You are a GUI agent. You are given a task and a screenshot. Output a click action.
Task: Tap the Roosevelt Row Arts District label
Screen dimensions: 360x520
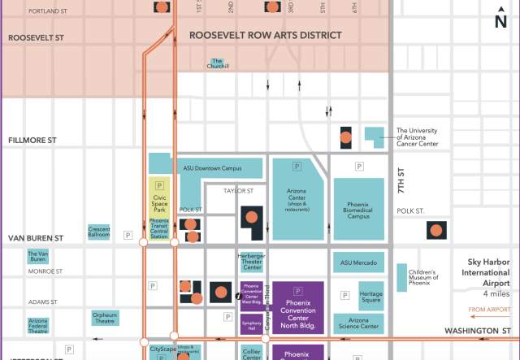click(266, 35)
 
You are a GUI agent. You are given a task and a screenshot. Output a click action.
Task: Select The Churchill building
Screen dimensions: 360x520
click(217, 63)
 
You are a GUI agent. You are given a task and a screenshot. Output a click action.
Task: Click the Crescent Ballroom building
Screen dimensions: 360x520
click(99, 232)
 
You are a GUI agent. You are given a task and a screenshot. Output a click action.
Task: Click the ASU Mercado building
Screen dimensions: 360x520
click(358, 262)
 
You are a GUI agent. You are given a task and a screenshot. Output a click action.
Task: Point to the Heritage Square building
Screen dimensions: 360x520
click(370, 296)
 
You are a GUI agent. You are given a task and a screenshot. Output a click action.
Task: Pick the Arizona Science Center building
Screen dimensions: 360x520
click(358, 323)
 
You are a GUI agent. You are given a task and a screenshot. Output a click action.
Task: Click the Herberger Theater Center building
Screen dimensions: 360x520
click(251, 262)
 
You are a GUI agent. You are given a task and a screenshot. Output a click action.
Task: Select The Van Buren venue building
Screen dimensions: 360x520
click(38, 257)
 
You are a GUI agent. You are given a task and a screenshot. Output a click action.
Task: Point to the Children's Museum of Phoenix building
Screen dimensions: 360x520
click(402, 275)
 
